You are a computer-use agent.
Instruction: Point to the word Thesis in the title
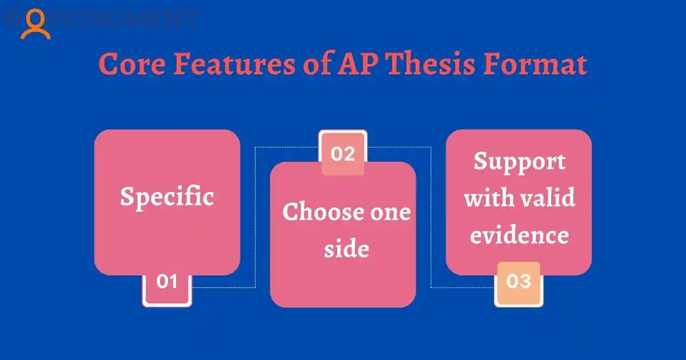coord(434,64)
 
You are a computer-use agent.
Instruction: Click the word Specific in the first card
coord(167,197)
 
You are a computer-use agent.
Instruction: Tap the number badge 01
coord(167,282)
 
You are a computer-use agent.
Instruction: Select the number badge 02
coord(343,154)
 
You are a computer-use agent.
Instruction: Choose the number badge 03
coord(519,282)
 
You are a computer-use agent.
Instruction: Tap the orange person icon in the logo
coord(35,24)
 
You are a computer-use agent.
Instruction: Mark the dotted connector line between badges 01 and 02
coord(255,217)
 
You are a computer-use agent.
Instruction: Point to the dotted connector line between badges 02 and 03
coord(431,217)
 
